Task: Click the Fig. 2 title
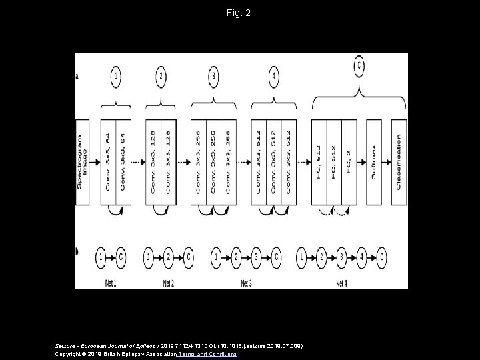[239, 13]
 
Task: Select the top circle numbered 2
[161, 77]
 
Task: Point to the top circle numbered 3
[214, 77]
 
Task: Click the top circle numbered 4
[274, 77]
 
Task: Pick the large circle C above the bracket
[360, 65]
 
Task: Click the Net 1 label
[111, 283]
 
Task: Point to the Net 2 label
[169, 283]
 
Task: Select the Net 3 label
[246, 283]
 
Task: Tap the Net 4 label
[341, 283]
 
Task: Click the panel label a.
[78, 77]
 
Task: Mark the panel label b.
[78, 252]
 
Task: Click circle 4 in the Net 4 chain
[362, 256]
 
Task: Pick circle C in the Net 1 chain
[121, 256]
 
